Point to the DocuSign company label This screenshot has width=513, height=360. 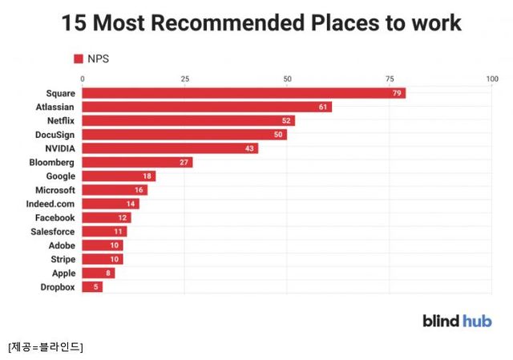tap(54, 135)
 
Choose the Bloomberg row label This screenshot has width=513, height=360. tap(52, 162)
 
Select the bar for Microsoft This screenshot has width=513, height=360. tap(115, 190)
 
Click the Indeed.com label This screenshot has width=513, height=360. tap(50, 204)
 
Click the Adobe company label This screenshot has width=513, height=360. tap(62, 245)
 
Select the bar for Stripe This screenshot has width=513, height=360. tap(102, 259)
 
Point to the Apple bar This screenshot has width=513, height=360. tap(98, 273)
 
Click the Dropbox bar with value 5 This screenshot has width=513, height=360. tap(92, 287)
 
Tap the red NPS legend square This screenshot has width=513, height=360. tap(79, 58)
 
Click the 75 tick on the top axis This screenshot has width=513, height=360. tap(390, 79)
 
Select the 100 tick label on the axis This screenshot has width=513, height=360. tap(491, 79)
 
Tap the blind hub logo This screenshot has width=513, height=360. tap(457, 321)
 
